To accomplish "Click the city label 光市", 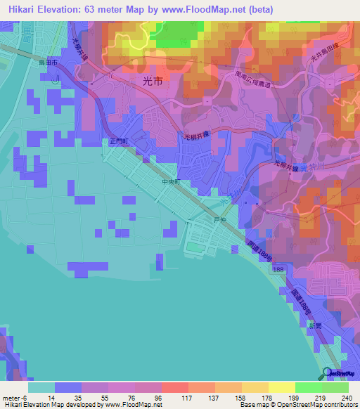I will pyautogui.click(x=152, y=82).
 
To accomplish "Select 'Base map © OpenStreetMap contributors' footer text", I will pyautogui.click(x=297, y=405).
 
